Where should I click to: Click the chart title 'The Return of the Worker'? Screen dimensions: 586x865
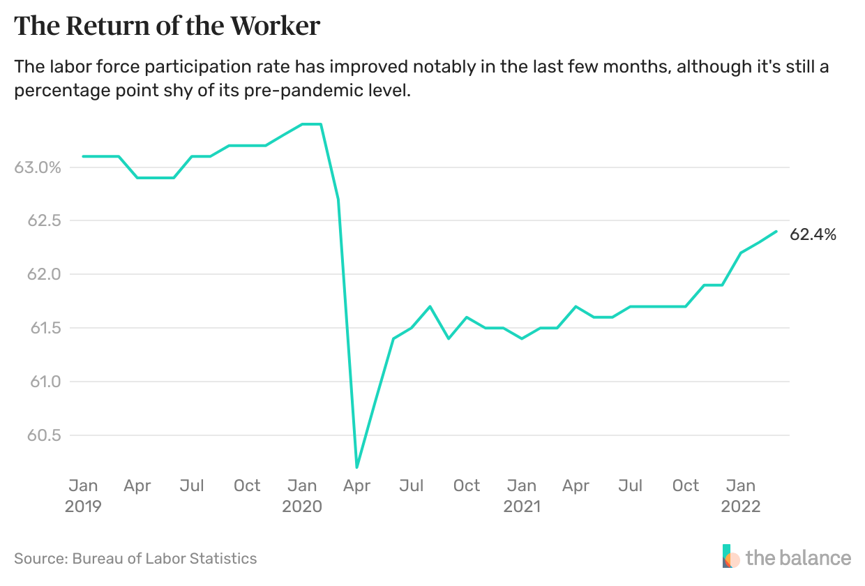point(167,27)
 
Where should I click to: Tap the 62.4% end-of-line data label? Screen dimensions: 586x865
point(813,235)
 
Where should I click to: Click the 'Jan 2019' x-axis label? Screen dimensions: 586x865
point(83,495)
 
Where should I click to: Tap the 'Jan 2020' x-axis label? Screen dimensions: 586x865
point(302,495)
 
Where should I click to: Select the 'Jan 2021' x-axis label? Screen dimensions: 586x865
point(521,495)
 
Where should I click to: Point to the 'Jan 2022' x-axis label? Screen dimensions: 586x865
point(740,495)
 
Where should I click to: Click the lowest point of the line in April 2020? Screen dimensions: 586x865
point(356,467)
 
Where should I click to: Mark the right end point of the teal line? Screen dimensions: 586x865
point(776,231)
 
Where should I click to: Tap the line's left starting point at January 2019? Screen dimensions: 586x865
point(83,156)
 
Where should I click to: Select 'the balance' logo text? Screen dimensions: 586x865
point(798,558)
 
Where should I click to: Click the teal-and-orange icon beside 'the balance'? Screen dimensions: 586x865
point(730,556)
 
